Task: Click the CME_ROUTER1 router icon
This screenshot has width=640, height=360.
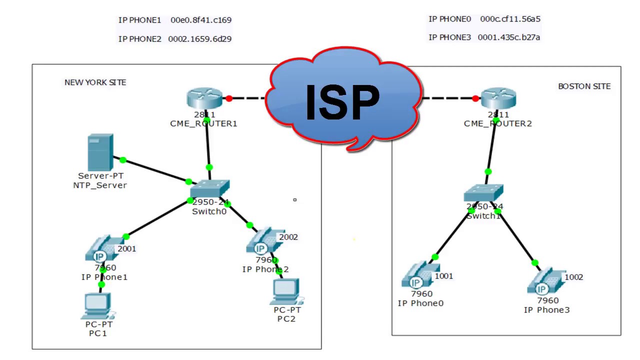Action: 204,98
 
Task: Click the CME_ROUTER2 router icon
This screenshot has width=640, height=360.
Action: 498,98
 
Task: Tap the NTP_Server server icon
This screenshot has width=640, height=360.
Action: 100,152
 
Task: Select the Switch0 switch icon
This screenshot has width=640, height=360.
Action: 209,189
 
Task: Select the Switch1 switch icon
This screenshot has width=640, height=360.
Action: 483,193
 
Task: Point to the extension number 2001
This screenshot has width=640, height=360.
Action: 126,249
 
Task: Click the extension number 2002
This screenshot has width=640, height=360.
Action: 288,237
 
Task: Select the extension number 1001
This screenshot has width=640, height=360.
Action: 444,276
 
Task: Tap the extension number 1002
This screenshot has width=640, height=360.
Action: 573,277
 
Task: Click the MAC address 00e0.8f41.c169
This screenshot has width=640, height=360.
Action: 201,20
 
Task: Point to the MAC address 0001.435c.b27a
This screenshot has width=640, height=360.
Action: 509,37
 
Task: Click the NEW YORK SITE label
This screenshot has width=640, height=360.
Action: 95,82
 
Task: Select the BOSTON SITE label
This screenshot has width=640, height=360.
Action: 584,86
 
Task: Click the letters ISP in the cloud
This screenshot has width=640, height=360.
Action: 342,102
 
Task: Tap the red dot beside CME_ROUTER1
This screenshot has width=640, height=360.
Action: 229,98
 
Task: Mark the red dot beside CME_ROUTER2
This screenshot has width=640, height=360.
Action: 475,98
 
